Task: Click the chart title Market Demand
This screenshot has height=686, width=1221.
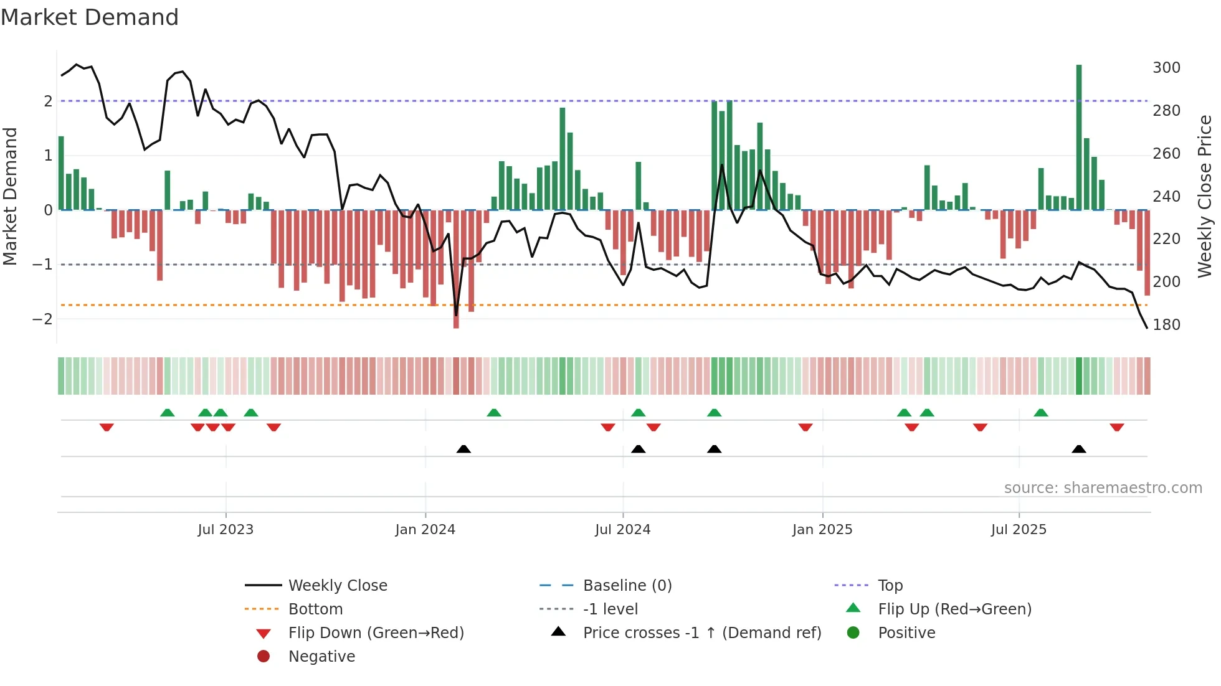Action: click(90, 17)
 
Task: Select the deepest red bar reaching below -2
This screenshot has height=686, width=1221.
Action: click(456, 274)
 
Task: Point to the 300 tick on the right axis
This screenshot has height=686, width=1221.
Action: click(1166, 67)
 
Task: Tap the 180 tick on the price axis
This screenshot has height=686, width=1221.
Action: click(1166, 324)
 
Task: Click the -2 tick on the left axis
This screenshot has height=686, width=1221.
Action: click(42, 319)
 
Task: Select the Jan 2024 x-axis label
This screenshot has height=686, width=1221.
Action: click(425, 530)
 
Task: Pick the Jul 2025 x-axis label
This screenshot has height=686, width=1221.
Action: click(1019, 530)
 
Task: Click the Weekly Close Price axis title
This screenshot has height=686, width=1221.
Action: click(1205, 196)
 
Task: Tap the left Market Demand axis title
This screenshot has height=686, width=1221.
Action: click(10, 196)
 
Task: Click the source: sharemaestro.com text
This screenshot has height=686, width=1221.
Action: click(1103, 488)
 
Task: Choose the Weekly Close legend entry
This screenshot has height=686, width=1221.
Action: click(337, 585)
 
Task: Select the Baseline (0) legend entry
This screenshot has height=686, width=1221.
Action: click(627, 585)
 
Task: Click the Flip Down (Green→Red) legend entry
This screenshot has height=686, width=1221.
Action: click(376, 633)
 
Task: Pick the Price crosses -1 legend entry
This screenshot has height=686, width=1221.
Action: click(701, 633)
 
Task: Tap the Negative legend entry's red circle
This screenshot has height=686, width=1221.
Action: click(264, 657)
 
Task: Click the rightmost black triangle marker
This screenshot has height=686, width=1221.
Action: click(1079, 449)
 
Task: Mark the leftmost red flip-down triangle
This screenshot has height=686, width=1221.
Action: click(107, 427)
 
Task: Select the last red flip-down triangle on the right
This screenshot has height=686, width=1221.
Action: click(1116, 427)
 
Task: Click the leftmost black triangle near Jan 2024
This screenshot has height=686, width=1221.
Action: click(463, 449)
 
